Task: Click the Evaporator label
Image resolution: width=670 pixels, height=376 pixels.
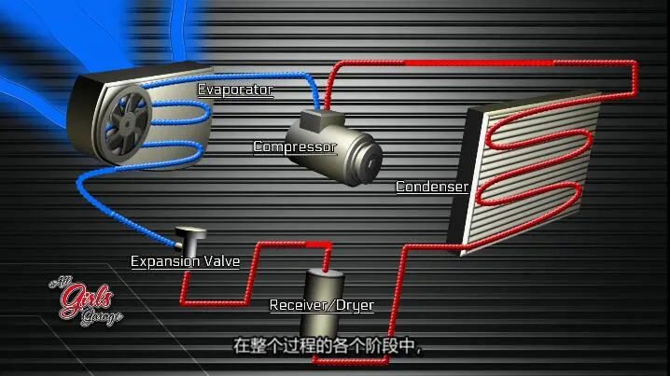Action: [234, 90]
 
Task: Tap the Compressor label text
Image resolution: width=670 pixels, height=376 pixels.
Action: [294, 146]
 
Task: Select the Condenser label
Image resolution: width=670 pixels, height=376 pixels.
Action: [431, 187]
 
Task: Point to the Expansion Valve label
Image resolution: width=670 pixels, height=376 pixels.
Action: [184, 261]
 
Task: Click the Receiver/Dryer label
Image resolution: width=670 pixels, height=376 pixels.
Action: [321, 305]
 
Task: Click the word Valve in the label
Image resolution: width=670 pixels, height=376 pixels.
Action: [220, 261]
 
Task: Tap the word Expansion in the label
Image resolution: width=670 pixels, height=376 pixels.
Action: [165, 261]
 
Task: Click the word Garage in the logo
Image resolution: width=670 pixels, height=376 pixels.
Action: [101, 314]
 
